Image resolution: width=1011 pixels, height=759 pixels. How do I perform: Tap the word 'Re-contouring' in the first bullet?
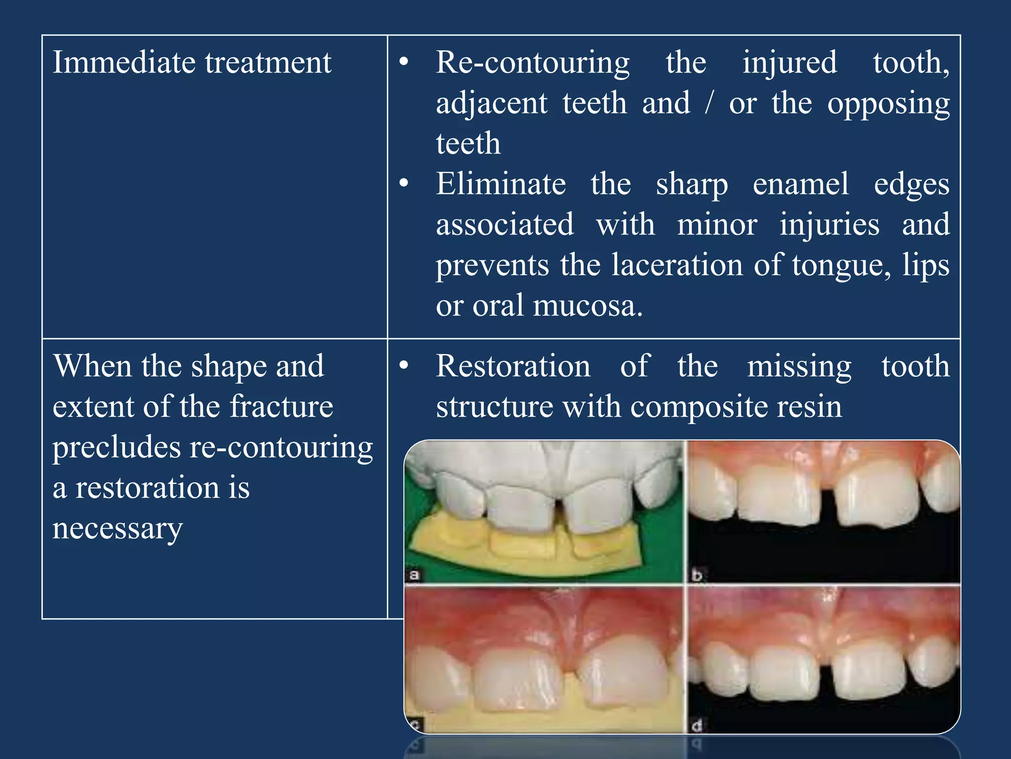[x=532, y=64]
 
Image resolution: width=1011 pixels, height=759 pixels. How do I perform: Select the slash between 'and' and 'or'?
[x=709, y=103]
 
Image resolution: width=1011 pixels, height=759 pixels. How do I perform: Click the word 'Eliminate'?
[x=501, y=184]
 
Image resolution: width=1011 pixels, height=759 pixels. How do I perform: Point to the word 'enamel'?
[x=800, y=184]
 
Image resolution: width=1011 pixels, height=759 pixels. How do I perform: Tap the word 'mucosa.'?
[x=588, y=306]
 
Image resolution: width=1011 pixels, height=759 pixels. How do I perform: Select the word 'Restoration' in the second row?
[x=512, y=367]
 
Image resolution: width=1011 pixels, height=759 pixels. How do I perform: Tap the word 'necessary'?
[x=117, y=529]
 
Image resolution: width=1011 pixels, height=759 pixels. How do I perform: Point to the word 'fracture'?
[x=281, y=407]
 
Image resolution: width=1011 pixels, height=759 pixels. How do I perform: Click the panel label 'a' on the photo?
[x=414, y=575]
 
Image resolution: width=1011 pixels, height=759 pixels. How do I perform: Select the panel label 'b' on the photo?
[x=697, y=575]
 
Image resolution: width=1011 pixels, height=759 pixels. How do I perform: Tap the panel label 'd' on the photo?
[x=697, y=725]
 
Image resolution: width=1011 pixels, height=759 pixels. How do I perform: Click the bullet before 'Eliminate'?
[x=404, y=183]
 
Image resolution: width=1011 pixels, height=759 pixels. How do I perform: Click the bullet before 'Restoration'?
[x=404, y=366]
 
